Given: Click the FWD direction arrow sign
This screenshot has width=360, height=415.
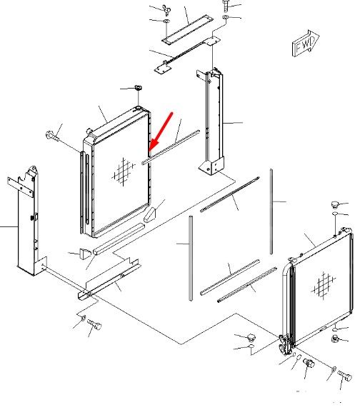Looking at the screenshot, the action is click(x=306, y=44).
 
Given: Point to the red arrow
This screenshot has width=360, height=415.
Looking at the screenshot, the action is click(x=161, y=132).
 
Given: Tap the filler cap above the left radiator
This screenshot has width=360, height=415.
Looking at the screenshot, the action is click(x=138, y=88).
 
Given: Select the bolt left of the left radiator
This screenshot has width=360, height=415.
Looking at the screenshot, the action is click(x=52, y=136).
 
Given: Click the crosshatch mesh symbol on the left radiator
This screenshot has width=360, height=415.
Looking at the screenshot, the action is click(x=124, y=171).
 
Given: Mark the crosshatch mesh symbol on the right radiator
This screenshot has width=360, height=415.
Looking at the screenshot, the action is click(x=324, y=285).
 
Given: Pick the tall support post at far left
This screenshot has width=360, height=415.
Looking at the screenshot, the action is click(x=26, y=221).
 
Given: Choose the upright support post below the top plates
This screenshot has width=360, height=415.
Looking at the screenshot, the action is click(x=211, y=121).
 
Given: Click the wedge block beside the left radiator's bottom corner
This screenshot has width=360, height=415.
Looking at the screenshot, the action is click(x=150, y=215).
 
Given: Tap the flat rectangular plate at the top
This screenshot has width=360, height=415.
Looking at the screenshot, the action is click(x=188, y=29).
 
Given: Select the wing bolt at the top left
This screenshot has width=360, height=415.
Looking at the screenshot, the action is click(x=166, y=9).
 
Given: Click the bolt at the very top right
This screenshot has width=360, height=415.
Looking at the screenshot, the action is click(x=226, y=6).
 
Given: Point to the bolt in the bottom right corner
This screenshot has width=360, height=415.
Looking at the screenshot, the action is click(x=344, y=375).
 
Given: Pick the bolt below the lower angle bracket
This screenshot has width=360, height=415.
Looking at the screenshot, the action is click(x=94, y=324).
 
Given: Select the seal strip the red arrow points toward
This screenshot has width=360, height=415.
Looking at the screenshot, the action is click(x=171, y=147).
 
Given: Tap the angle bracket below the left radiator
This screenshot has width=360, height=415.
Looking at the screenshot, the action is click(x=109, y=280).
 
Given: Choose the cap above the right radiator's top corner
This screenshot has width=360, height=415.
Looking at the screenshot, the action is click(x=335, y=204).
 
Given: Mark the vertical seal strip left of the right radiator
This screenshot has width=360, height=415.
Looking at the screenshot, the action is click(x=191, y=259).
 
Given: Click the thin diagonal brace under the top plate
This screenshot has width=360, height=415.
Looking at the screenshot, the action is click(x=185, y=53).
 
